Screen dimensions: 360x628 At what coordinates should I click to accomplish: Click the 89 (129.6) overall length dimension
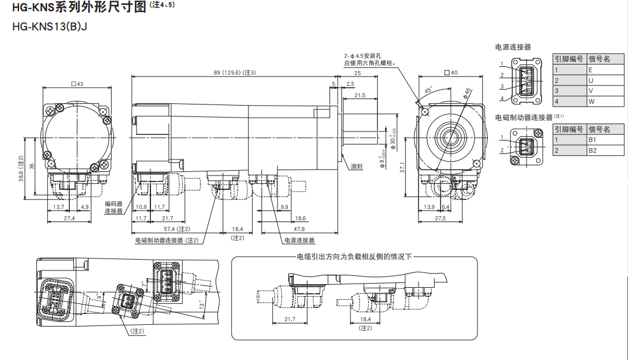pos(234,73)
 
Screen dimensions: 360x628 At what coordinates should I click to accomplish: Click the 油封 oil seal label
pos(356,167)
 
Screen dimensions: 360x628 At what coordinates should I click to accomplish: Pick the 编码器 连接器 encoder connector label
pos(113,207)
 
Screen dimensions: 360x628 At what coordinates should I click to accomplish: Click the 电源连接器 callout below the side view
pos(299,241)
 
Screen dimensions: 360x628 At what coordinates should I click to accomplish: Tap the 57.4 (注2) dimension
pos(176,229)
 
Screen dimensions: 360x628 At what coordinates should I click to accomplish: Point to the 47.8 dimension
pos(298,229)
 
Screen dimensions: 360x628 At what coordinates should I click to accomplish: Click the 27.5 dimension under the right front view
pos(440,219)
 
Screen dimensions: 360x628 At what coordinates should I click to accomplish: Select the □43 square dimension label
pos(77,84)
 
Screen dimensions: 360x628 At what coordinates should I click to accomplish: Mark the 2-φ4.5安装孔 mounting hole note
pos(370,59)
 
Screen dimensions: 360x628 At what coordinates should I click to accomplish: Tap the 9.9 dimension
pos(284,207)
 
